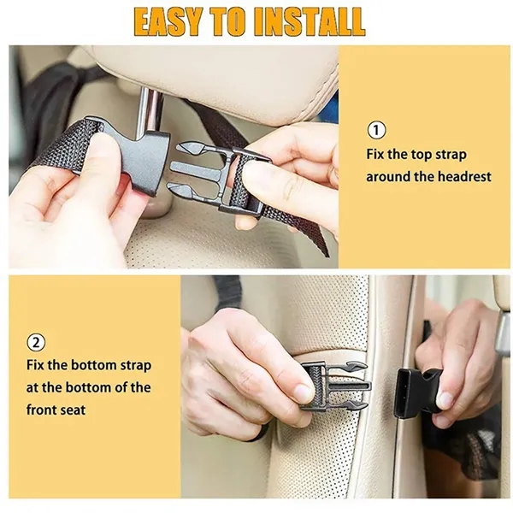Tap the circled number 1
pos(376,130)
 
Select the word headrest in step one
pos(465,176)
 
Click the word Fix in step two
pos(36,365)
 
